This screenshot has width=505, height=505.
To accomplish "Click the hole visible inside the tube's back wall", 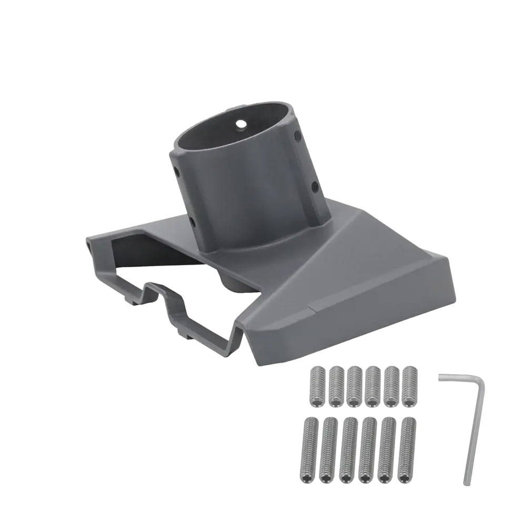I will [x=241, y=125].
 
